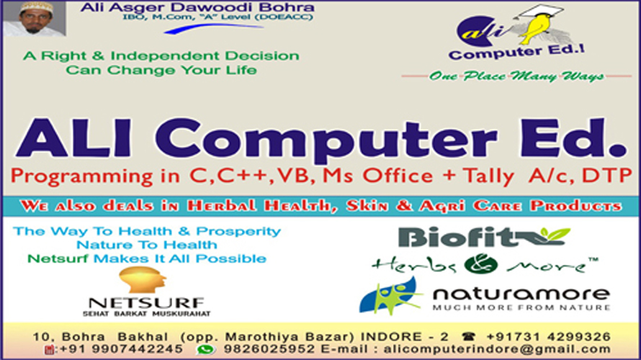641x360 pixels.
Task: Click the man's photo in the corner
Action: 35,19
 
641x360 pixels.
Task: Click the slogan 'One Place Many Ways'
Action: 516,76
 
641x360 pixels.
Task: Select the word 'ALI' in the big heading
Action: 73,138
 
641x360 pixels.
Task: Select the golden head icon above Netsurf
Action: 143,279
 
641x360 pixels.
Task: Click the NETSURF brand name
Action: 146,303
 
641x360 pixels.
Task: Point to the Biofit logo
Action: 484,237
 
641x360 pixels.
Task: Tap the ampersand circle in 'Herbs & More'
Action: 481,264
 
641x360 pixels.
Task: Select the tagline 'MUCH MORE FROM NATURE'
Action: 521,307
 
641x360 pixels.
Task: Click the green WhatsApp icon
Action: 206,349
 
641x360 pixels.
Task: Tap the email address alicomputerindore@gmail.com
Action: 497,349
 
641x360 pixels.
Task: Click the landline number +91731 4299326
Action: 548,337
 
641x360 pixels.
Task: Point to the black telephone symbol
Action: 468,337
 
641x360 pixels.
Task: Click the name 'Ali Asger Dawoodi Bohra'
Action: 197,7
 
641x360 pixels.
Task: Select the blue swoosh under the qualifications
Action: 213,29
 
